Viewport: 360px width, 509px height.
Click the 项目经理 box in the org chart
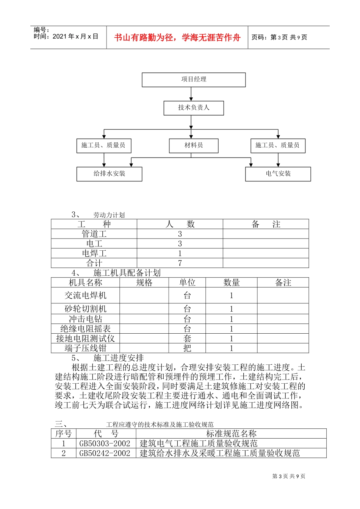click(194, 80)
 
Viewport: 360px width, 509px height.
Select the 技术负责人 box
click(194, 108)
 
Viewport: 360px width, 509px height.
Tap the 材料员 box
click(194, 145)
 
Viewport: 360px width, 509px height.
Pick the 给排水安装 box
click(109, 174)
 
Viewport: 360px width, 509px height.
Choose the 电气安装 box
click(278, 174)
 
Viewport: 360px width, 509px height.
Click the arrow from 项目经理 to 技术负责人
click(191, 94)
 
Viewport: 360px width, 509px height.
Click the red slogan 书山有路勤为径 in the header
click(177, 37)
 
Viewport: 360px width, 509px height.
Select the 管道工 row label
click(94, 234)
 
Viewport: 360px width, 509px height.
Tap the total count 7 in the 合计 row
click(180, 263)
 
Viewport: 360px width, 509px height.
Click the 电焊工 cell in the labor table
click(94, 253)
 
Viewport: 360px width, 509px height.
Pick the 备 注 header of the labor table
click(266, 224)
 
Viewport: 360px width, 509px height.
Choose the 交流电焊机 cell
click(85, 295)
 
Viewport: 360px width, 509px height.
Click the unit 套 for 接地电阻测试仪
click(187, 339)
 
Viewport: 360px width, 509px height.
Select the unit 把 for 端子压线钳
click(187, 348)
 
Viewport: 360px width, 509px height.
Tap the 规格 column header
click(144, 283)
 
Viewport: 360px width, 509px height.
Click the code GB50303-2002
click(105, 443)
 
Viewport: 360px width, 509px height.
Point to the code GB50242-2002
click(105, 453)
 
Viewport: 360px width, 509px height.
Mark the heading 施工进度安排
click(119, 358)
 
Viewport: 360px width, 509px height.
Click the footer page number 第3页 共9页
click(289, 476)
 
